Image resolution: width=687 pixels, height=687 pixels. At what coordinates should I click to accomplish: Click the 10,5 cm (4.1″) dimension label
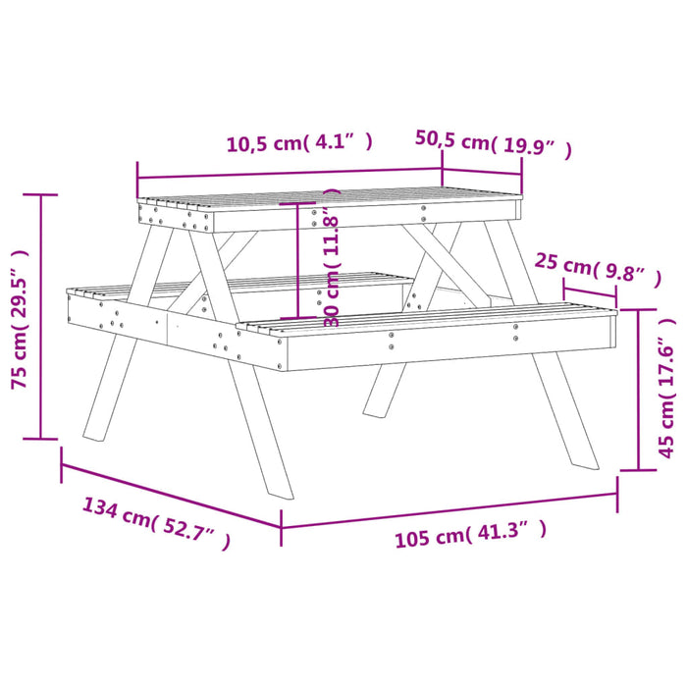(x=299, y=143)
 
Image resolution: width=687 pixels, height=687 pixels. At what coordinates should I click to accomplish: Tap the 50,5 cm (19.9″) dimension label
(x=493, y=143)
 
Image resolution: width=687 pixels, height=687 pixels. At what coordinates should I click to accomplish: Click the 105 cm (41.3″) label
(x=470, y=536)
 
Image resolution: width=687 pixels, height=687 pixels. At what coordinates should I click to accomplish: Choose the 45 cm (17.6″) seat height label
(x=668, y=388)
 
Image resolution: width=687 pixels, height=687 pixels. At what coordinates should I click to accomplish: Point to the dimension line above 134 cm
(x=171, y=495)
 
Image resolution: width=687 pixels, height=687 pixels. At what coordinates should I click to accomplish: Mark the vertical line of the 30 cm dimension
(x=296, y=260)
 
